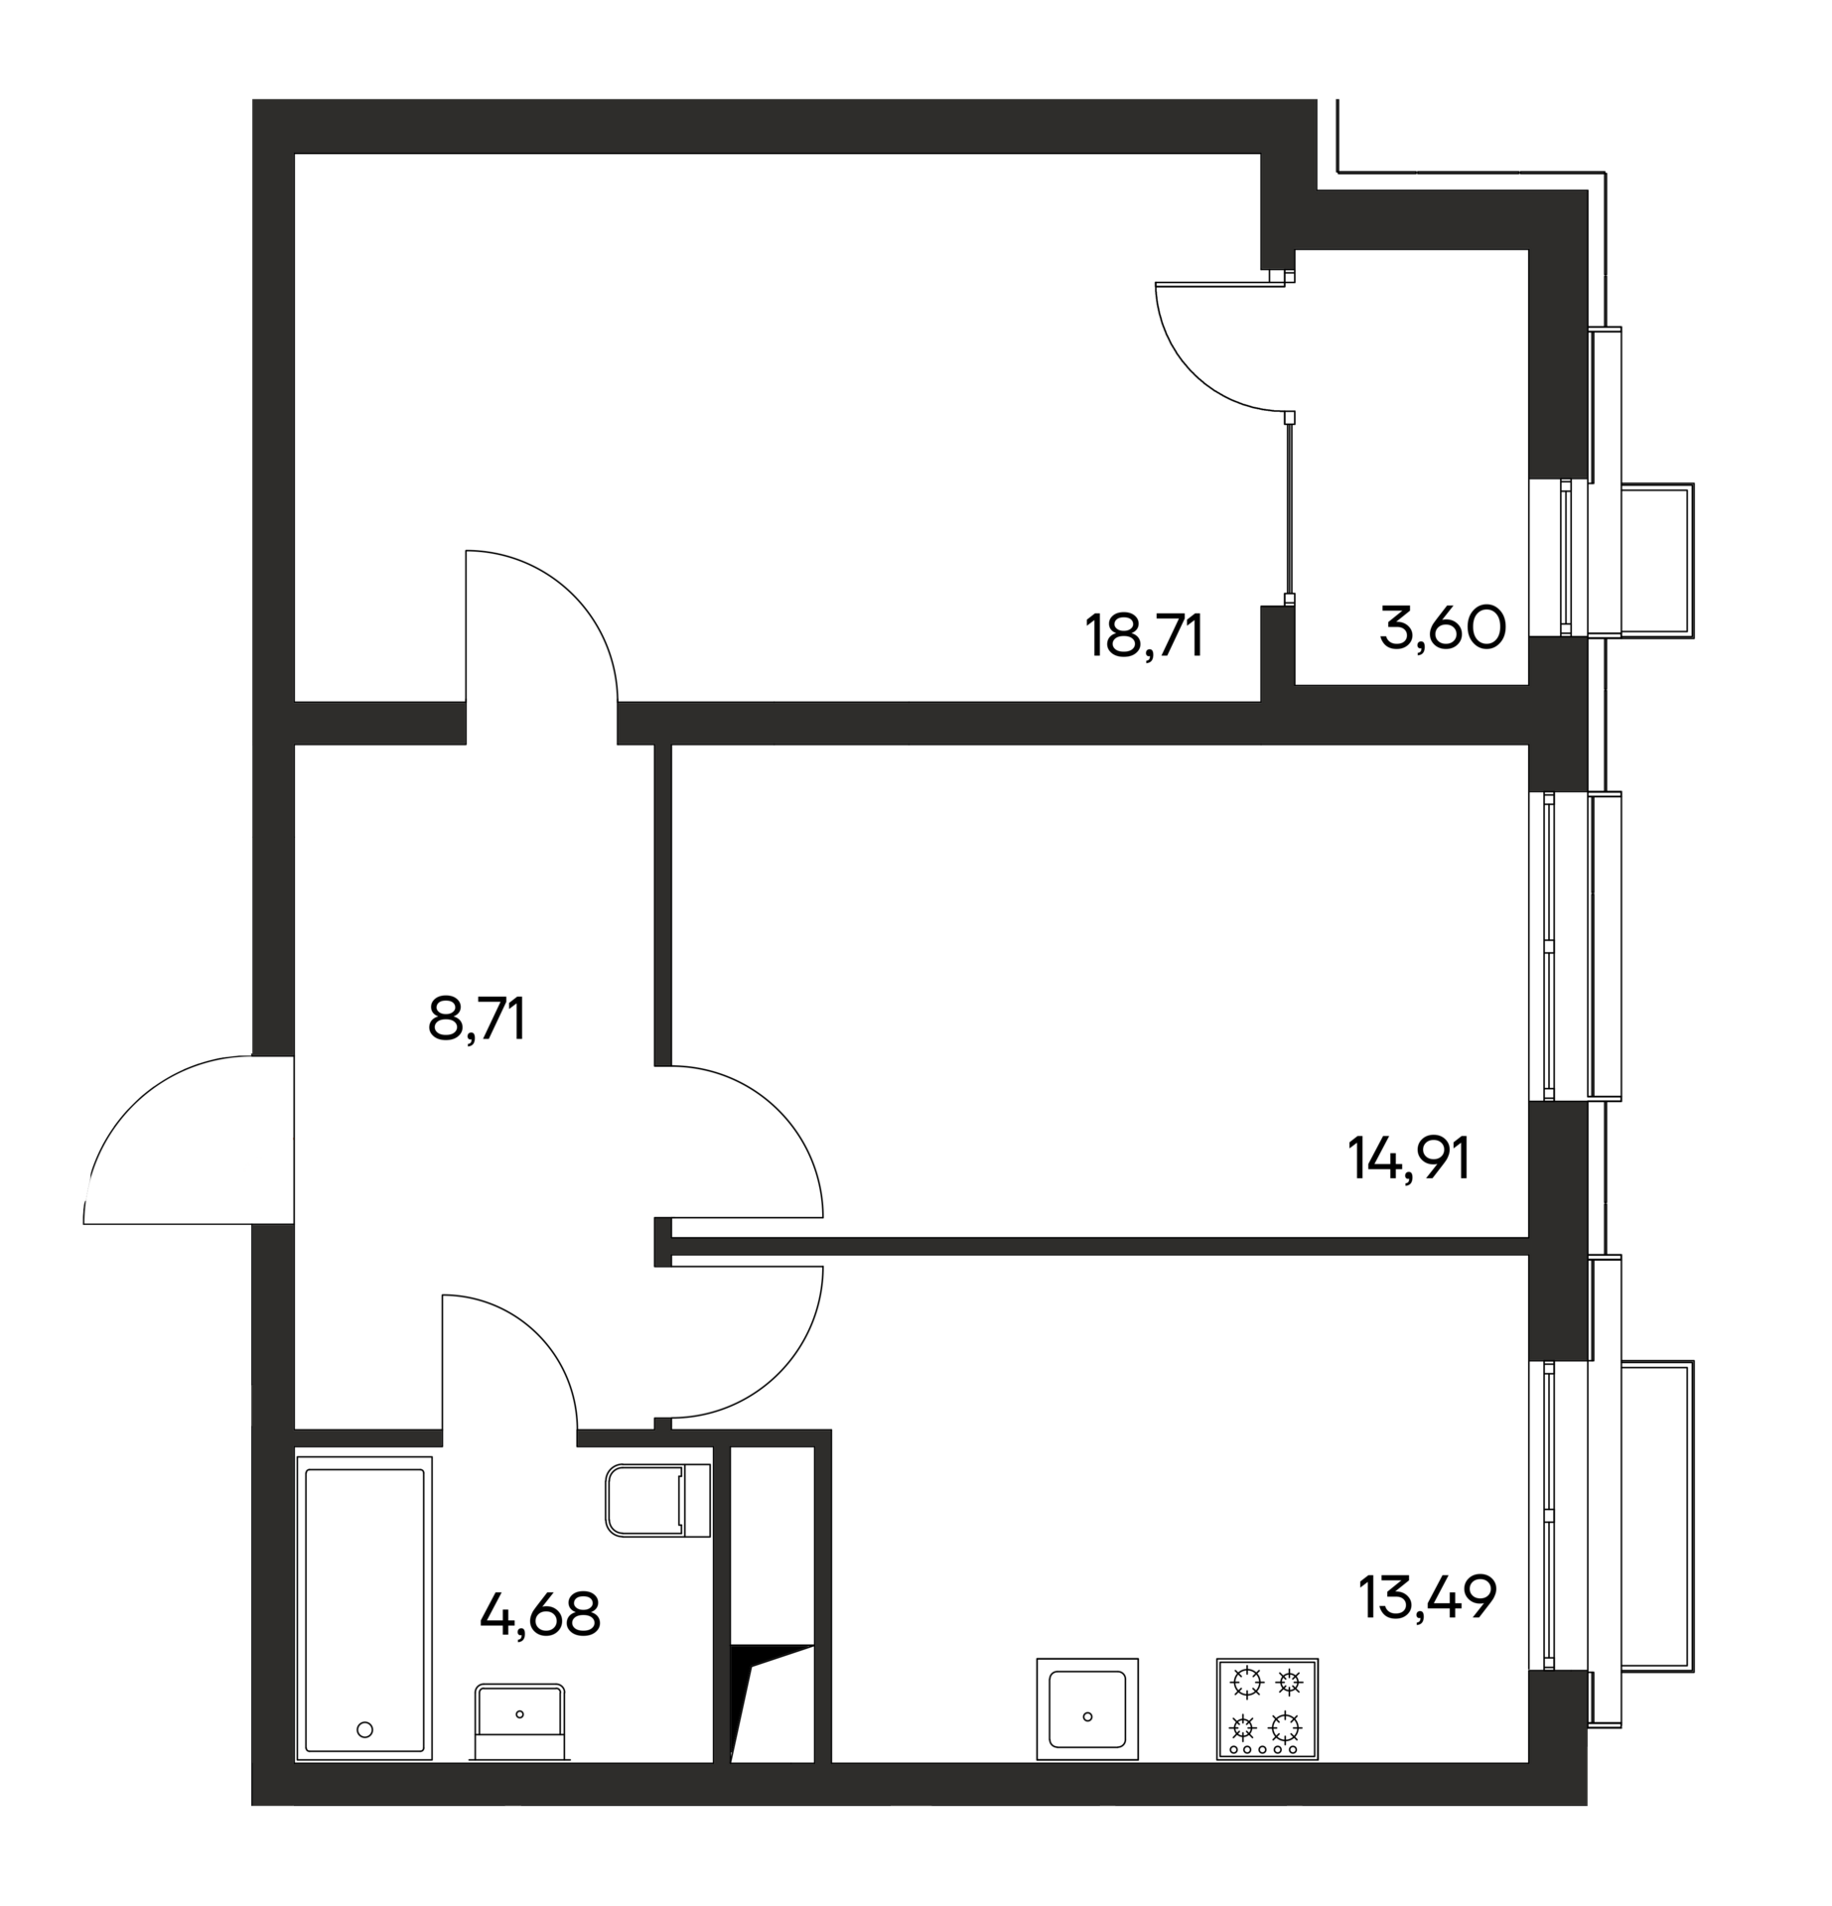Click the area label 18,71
[1145, 636]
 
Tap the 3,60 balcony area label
[1443, 627]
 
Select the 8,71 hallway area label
[476, 1019]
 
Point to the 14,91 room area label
[1408, 1158]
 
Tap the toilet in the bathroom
[656, 1500]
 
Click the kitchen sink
[1087, 1707]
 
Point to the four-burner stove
[1267, 1707]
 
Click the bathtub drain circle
[364, 1729]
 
